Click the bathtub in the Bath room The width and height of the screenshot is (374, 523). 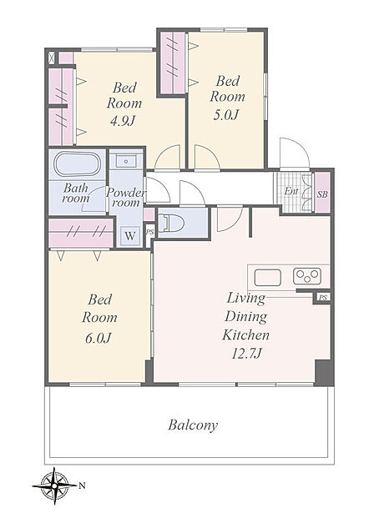[77, 164]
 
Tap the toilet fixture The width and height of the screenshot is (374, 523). [172, 223]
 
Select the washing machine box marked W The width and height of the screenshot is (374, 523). [130, 236]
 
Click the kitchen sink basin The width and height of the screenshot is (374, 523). [267, 278]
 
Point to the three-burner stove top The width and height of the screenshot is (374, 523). [307, 276]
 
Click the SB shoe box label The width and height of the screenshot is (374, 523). [322, 194]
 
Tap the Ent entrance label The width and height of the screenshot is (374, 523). [291, 191]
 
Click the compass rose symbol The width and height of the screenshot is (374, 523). [54, 485]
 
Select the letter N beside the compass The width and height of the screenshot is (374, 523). [82, 485]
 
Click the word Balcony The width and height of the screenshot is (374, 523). [193, 425]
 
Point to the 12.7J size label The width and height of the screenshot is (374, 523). [246, 353]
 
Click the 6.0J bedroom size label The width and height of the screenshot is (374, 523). [98, 338]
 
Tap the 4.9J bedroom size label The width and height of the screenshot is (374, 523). [122, 121]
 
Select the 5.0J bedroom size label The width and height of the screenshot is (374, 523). [226, 114]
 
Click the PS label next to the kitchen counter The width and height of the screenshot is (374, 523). [323, 298]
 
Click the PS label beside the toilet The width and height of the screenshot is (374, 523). [150, 232]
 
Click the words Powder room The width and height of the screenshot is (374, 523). [126, 198]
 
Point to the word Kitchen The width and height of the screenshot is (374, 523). [245, 334]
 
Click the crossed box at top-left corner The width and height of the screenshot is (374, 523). [52, 58]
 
